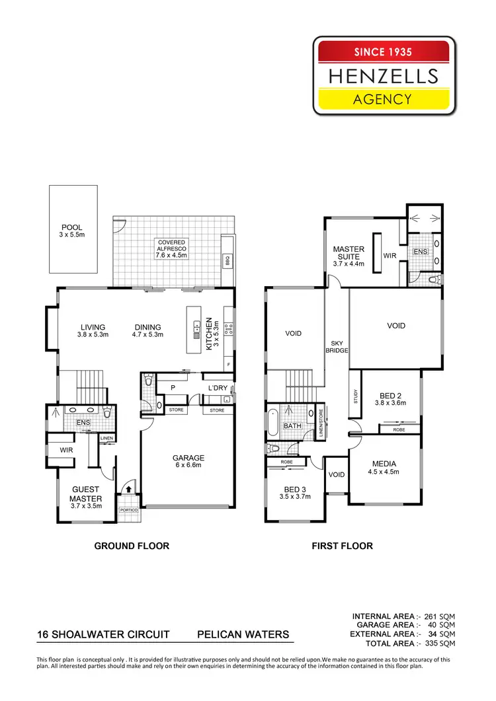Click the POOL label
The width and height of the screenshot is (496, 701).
(x=71, y=228)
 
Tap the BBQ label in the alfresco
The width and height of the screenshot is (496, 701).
(x=226, y=258)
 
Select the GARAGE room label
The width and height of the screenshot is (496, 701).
(x=188, y=458)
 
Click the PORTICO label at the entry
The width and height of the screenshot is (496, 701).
(x=128, y=510)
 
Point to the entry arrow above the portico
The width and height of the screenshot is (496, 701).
(x=128, y=490)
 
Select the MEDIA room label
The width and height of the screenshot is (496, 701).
(x=384, y=463)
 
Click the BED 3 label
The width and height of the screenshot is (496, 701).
(x=294, y=489)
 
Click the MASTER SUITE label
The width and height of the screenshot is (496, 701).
(x=349, y=253)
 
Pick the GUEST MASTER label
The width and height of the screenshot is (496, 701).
(x=86, y=494)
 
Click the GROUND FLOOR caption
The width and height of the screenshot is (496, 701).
(x=132, y=546)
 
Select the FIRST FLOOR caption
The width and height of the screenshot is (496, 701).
(x=342, y=546)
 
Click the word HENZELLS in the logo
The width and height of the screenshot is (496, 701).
(x=384, y=77)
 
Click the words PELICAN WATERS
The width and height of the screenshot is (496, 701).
(x=243, y=635)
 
